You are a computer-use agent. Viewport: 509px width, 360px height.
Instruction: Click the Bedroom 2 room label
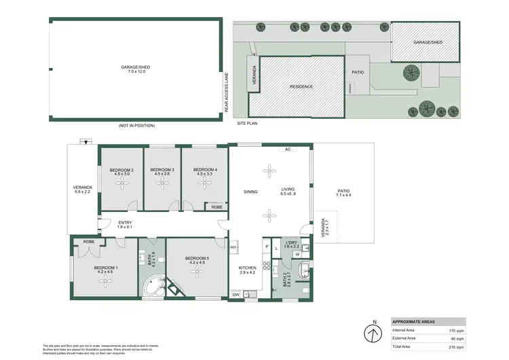click(x=123, y=172)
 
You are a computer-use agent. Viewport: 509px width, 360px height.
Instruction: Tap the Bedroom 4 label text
click(x=205, y=172)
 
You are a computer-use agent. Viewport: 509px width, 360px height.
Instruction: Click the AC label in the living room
click(x=288, y=149)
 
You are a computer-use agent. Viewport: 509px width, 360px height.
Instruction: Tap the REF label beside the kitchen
click(x=233, y=247)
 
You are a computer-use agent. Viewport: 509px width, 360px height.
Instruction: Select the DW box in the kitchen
click(x=235, y=294)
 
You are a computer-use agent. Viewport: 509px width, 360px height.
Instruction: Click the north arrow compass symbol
click(x=373, y=334)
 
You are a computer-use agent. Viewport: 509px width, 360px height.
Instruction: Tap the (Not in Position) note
click(x=136, y=126)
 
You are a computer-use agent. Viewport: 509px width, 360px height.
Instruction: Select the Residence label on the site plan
click(x=301, y=87)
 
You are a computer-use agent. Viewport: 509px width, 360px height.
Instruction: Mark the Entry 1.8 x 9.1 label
click(x=124, y=224)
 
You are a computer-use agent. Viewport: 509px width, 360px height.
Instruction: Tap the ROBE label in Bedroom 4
click(x=216, y=206)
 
